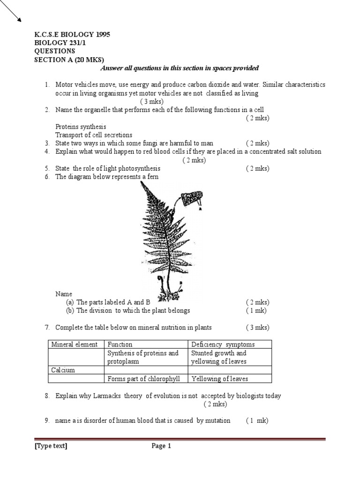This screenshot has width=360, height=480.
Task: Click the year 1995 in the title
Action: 101,35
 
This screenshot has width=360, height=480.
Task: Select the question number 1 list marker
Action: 47,85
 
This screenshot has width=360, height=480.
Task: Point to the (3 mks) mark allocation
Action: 150,102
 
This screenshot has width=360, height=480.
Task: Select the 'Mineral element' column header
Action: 75,345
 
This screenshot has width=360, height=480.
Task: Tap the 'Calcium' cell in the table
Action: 63,370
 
